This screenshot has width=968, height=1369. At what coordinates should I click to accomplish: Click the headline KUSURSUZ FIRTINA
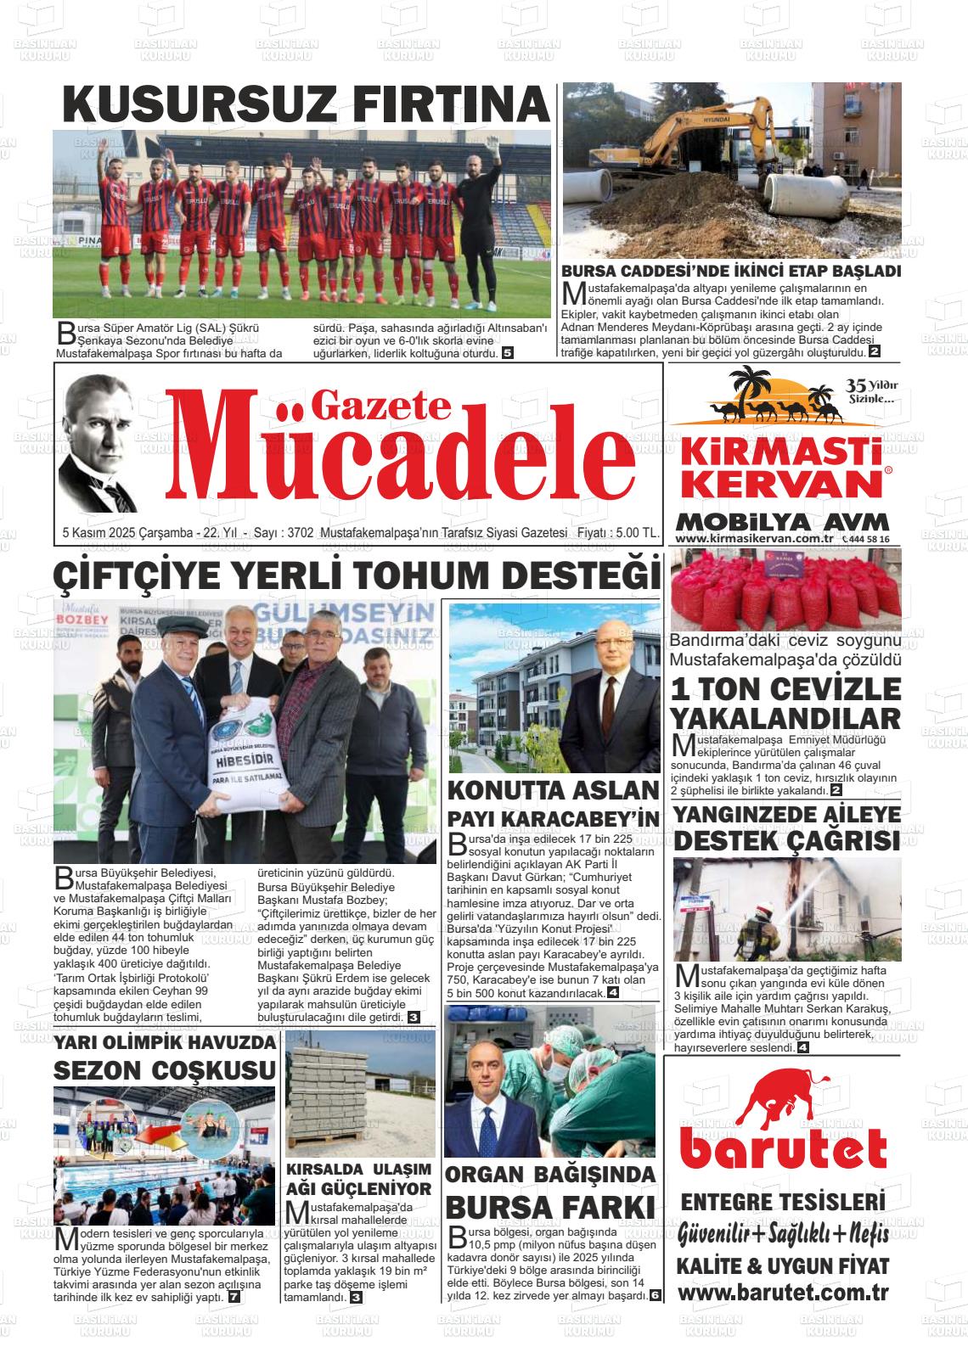(x=306, y=104)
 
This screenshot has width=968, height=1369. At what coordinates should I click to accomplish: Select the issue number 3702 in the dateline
(x=301, y=533)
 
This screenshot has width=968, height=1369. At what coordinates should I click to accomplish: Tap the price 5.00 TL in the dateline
(x=639, y=533)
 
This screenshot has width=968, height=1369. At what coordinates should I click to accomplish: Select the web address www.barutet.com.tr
(x=783, y=1293)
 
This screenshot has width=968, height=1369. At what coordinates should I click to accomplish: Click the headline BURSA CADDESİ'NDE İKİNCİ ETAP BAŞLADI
(x=731, y=272)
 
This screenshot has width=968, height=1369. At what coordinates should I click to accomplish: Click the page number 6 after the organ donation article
(x=655, y=1295)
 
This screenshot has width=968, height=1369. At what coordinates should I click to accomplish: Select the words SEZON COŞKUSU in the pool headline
(x=164, y=1070)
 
